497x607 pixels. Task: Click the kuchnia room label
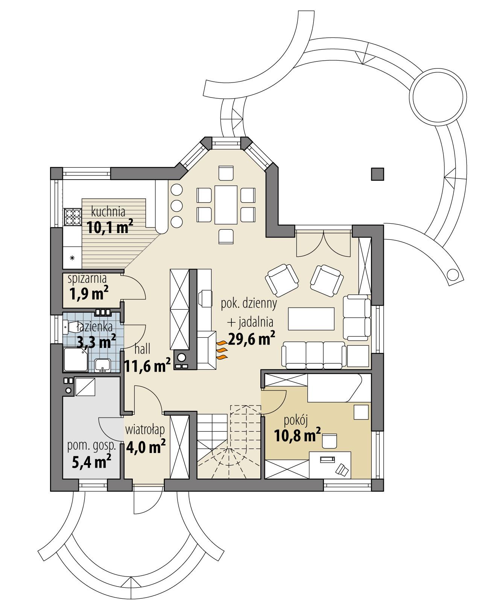click(x=108, y=212)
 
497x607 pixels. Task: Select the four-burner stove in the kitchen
click(x=73, y=217)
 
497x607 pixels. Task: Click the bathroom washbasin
click(x=102, y=365)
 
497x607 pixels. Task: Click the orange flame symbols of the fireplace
click(x=222, y=350)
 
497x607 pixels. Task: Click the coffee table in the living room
click(x=311, y=319)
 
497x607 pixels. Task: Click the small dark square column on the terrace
click(x=378, y=174)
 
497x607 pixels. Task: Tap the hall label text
click(x=142, y=349)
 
